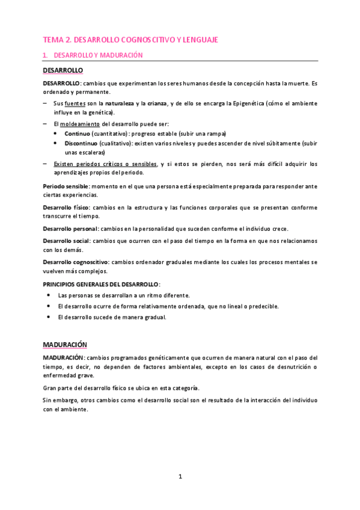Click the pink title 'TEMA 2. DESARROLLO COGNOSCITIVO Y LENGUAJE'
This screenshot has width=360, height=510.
coord(130,40)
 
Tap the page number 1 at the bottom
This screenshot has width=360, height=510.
coord(180,477)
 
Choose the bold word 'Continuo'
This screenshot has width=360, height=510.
coord(77,133)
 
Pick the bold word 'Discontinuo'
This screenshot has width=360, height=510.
coord(81,143)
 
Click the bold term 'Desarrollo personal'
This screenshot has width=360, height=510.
coord(70,229)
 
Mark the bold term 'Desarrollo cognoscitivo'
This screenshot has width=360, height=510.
coord(75,262)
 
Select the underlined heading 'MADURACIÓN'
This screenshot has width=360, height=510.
coord(65,345)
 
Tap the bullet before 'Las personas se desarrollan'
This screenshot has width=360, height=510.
coord(49,295)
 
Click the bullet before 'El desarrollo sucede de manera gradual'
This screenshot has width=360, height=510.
coord(49,317)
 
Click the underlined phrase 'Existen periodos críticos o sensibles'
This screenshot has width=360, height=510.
coord(105,164)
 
